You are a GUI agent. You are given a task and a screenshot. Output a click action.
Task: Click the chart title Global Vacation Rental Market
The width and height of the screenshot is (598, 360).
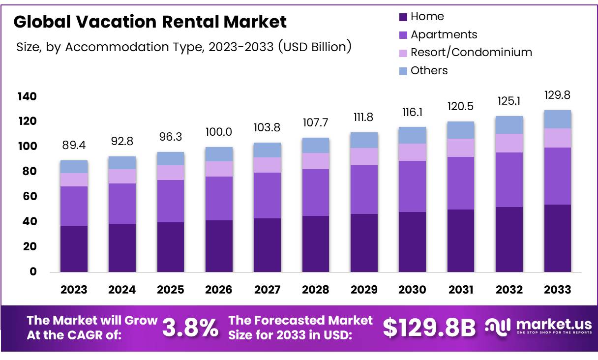pyautogui.click(x=150, y=22)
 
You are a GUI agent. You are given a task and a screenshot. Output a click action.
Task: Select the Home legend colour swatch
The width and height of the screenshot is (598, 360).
pyautogui.click(x=403, y=17)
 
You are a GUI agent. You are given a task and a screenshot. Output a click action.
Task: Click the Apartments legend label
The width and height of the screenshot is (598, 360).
pyautogui.click(x=444, y=34)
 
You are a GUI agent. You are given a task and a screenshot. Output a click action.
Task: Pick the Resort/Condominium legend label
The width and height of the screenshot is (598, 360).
pyautogui.click(x=471, y=52)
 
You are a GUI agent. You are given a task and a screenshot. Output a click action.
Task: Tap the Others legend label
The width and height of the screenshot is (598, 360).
pyautogui.click(x=429, y=70)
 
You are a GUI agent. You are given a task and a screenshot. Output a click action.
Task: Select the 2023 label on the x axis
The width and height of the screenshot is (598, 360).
pyautogui.click(x=74, y=290)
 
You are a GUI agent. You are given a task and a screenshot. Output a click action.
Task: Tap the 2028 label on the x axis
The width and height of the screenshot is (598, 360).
pyautogui.click(x=316, y=290)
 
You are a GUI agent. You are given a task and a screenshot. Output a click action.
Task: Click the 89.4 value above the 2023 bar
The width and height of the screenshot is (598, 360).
pyautogui.click(x=74, y=145)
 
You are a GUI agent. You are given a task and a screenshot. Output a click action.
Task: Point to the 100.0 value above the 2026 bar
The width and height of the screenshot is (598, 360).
pyautogui.click(x=219, y=132)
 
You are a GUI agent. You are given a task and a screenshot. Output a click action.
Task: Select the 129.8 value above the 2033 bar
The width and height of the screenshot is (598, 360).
pyautogui.click(x=557, y=95)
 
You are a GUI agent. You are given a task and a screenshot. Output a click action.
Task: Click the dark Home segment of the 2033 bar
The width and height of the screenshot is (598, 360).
pyautogui.click(x=557, y=239)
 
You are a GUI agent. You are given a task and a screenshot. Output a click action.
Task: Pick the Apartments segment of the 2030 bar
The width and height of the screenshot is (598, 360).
pyautogui.click(x=412, y=186)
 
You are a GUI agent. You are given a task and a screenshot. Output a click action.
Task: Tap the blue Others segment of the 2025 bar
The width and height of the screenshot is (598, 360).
pyautogui.click(x=171, y=158)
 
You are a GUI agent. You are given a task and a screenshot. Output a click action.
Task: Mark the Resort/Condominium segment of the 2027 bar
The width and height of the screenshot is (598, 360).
pyautogui.click(x=267, y=165)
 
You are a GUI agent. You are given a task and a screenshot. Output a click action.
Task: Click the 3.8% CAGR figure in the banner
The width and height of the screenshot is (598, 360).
pyautogui.click(x=190, y=328)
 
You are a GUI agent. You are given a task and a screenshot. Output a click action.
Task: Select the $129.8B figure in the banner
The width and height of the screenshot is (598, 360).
pyautogui.click(x=429, y=328)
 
